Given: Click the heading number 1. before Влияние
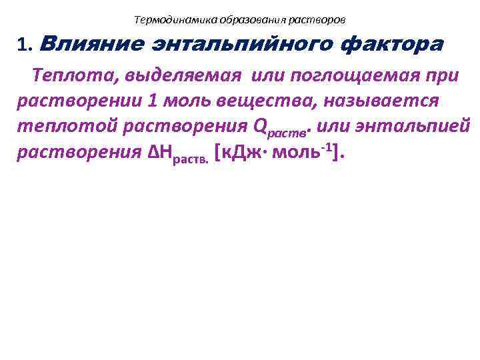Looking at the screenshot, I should [x=26, y=45].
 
